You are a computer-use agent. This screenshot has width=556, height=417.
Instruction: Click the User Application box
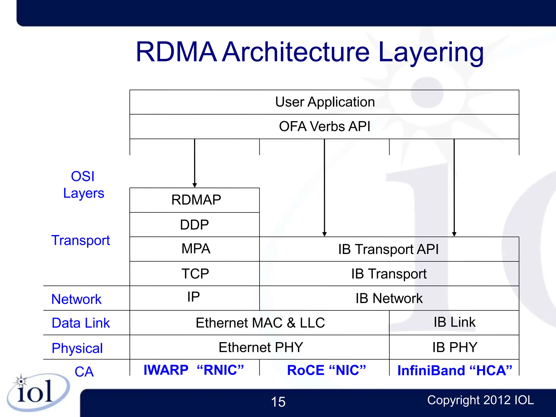point(324,102)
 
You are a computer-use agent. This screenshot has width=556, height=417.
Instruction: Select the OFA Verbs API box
point(324,127)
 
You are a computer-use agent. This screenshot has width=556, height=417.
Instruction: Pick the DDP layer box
point(194,225)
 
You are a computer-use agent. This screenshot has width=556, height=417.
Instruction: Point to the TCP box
point(195,274)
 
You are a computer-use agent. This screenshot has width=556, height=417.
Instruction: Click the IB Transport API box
point(389,249)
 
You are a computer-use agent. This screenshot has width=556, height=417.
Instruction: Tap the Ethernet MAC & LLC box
point(260,323)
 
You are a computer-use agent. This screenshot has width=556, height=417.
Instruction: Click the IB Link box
point(454,322)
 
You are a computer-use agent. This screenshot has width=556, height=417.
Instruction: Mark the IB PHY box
point(454,347)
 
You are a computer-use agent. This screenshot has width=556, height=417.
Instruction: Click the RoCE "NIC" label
point(326,370)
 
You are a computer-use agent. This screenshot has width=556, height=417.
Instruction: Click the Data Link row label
point(81,323)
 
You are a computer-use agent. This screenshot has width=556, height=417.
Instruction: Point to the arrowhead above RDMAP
point(195,185)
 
